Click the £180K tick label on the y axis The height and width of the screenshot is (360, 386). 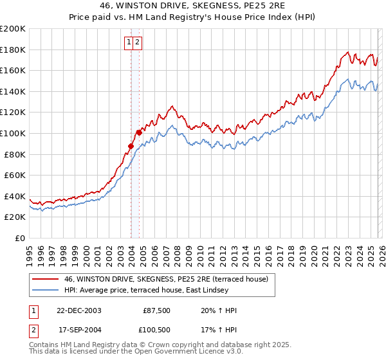(13, 50)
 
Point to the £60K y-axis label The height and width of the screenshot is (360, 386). (15, 175)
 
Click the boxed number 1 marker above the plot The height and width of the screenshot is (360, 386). (129, 42)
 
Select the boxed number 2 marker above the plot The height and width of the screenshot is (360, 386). (138, 42)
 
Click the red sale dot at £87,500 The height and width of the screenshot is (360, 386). (131, 146)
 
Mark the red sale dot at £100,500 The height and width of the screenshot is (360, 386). (139, 132)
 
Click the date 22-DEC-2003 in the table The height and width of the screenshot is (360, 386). (79, 310)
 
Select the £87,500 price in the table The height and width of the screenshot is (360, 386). (156, 310)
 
